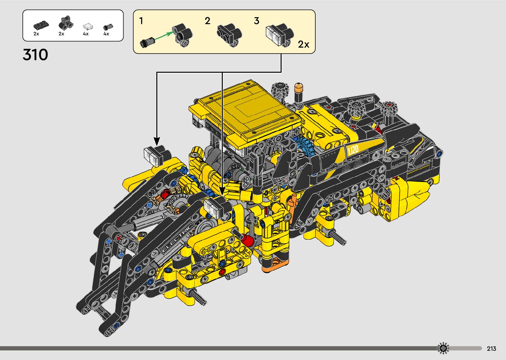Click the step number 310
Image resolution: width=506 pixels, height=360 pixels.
[35, 55]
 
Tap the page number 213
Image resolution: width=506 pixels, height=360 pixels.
[491, 349]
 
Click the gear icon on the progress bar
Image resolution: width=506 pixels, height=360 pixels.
[443, 348]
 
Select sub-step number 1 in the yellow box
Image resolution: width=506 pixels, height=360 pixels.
[141, 21]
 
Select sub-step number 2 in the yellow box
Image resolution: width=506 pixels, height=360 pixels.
[207, 21]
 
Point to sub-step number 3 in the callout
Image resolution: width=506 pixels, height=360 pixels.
[256, 21]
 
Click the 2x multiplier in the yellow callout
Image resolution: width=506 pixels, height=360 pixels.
[303, 44]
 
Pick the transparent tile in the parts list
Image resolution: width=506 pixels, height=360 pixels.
[88, 27]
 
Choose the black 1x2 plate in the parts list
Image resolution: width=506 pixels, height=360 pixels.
[41, 25]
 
